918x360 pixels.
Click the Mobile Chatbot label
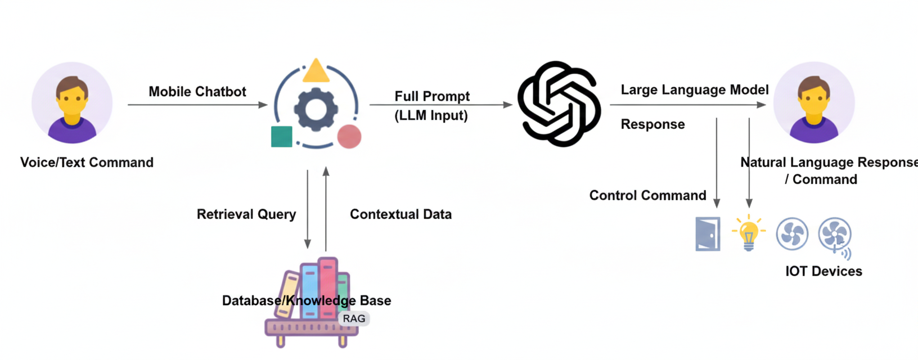[x=197, y=92]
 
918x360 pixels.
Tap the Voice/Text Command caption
[x=87, y=163]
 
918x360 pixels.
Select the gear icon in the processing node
[x=316, y=109]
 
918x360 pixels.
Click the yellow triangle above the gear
[x=316, y=72]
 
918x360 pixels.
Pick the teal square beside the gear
[x=282, y=137]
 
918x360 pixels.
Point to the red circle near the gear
[x=349, y=137]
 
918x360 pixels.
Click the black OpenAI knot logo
[x=559, y=104]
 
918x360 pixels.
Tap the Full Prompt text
[x=431, y=96]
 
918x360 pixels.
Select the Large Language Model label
[x=694, y=90]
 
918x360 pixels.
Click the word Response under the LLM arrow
[x=652, y=124]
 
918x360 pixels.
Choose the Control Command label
[x=647, y=195]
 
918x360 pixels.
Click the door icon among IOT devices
[x=708, y=234]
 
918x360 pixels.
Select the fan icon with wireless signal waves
[x=835, y=235]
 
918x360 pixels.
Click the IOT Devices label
[x=823, y=271]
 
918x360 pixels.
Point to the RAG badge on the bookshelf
[x=354, y=318]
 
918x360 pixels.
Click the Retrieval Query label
[x=246, y=214]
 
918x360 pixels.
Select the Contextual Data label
[x=400, y=214]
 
